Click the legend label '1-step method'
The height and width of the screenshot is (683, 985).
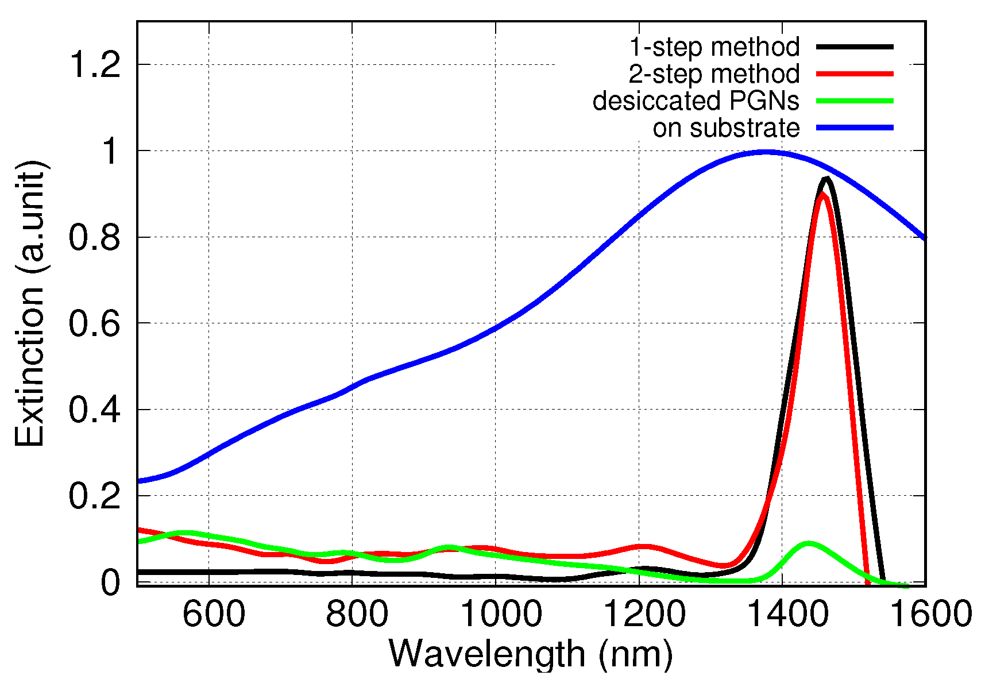[714, 47]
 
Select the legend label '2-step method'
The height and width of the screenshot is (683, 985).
[714, 74]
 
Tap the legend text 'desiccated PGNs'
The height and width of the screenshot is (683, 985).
[696, 101]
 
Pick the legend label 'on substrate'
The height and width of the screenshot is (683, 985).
[726, 128]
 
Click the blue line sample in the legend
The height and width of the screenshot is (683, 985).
[855, 128]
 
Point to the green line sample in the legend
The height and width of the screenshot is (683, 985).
[855, 101]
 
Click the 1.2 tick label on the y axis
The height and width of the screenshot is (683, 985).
[95, 64]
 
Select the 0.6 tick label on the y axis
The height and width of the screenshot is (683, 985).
[95, 323]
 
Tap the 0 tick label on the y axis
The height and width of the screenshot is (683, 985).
[110, 582]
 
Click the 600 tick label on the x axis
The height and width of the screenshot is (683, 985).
[214, 614]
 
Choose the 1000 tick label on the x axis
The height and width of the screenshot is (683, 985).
[501, 614]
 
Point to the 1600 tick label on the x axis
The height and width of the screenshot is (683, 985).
[930, 614]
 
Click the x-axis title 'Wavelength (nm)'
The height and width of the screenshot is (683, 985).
[531, 654]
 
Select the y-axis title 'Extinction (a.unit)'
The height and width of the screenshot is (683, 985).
[30, 303]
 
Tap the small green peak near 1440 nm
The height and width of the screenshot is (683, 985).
[808, 543]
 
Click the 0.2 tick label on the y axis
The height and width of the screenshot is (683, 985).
[95, 496]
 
